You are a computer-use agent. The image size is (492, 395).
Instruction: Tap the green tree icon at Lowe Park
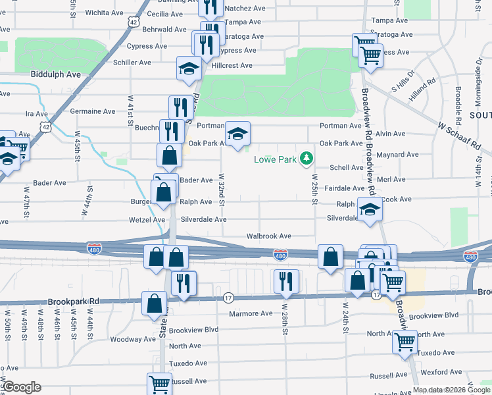(306, 158)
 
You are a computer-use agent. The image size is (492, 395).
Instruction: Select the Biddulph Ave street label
(55, 74)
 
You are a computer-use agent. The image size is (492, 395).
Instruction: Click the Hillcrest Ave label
(232, 65)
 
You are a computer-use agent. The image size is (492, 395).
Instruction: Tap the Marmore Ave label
(251, 313)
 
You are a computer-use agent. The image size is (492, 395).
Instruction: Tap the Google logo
(22, 387)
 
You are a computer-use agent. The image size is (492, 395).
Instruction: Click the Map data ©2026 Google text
(452, 390)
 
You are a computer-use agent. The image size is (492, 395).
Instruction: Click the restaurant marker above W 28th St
(286, 281)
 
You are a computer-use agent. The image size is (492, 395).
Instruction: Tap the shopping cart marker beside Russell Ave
(159, 382)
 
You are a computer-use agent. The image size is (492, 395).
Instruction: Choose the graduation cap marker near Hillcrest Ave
(189, 68)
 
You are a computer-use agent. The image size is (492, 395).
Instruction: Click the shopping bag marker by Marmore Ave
(153, 303)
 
